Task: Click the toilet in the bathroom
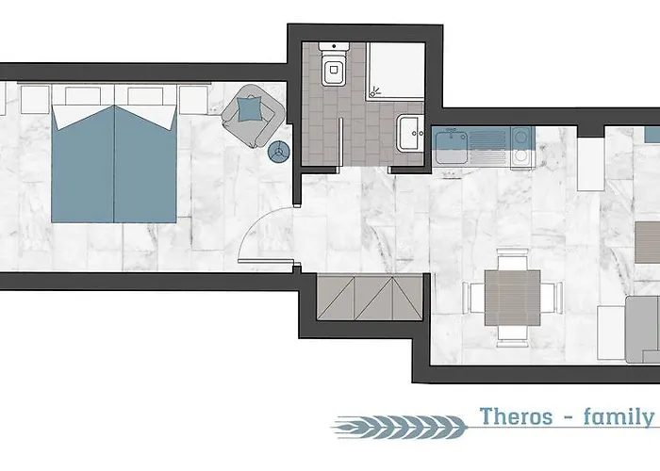click(x=334, y=68)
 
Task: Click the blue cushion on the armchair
click(x=251, y=110)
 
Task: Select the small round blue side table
click(x=278, y=152)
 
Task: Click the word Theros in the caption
click(x=514, y=416)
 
